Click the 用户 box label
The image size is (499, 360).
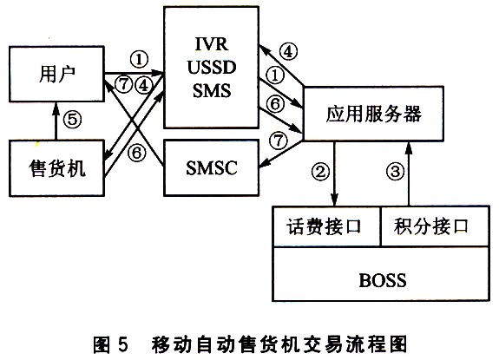click(57, 74)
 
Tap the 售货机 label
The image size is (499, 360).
click(57, 168)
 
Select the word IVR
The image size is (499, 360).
click(212, 44)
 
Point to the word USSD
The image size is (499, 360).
click(212, 68)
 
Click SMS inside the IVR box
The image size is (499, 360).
click(212, 90)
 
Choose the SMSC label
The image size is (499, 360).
click(212, 167)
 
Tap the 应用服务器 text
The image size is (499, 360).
click(374, 114)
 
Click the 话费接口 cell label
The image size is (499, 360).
click(324, 226)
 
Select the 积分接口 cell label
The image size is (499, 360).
click(431, 226)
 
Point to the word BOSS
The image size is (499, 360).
click(383, 280)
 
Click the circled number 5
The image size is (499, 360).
click(72, 120)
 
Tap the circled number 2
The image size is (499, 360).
click(320, 172)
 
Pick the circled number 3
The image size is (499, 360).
click(395, 172)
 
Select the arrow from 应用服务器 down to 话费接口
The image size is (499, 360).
click(334, 173)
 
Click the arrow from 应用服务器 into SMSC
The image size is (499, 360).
click(281, 154)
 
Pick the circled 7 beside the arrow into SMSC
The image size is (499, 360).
click(279, 141)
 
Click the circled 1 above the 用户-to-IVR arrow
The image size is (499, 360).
click(139, 60)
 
